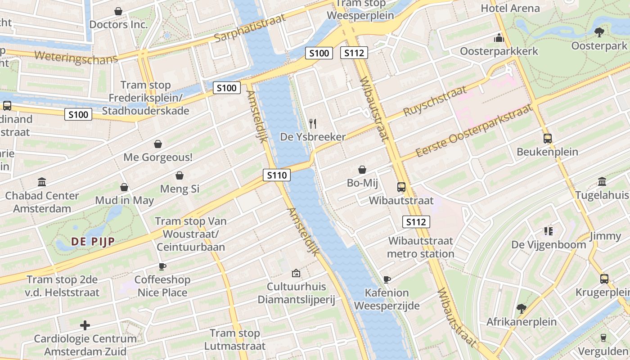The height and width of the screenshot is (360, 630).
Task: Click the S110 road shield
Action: [x=276, y=175]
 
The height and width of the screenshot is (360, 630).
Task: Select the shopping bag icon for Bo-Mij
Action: [x=362, y=170]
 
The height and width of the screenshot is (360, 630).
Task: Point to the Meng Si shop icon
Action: [x=179, y=175]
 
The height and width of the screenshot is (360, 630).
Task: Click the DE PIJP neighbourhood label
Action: [x=93, y=242]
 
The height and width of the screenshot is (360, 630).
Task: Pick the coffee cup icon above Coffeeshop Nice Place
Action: [x=162, y=266]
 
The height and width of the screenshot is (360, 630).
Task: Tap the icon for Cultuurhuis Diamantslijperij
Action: [x=296, y=273]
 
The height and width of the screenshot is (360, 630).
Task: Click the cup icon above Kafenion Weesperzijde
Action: [x=387, y=279]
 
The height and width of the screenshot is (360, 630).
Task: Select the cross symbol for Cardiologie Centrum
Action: [x=85, y=325]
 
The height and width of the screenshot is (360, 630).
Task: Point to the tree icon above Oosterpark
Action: [x=599, y=32]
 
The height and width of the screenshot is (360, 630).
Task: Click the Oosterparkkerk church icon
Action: [x=499, y=38]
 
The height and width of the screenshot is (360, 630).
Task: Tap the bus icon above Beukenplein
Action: [x=547, y=138]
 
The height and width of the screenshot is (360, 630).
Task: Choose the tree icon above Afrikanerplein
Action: [x=521, y=308]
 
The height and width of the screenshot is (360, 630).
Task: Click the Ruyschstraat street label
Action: [x=435, y=101]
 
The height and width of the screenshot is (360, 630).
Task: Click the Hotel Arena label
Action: [x=510, y=8]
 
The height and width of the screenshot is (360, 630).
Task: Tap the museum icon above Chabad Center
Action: [x=42, y=182]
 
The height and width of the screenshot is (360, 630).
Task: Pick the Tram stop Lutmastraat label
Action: [x=235, y=340]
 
